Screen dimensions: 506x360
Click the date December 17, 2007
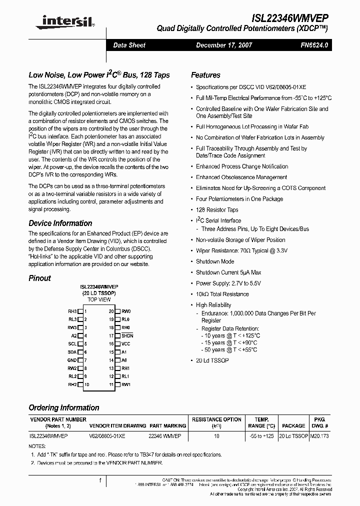(x=224, y=45)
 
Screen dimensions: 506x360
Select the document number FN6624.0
(x=314, y=45)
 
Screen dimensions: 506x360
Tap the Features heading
(x=205, y=75)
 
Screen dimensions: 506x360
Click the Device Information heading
(x=60, y=223)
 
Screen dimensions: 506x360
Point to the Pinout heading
(x=39, y=278)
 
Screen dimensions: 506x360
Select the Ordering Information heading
(x=63, y=407)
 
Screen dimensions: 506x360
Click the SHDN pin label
(x=127, y=336)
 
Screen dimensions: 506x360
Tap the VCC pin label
(x=125, y=344)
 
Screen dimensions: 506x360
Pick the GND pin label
(x=72, y=360)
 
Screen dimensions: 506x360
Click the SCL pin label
(x=73, y=344)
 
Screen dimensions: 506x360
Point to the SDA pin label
(x=73, y=352)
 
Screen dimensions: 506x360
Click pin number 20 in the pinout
(x=111, y=311)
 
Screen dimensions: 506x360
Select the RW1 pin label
(x=126, y=384)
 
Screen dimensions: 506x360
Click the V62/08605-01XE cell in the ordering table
(x=107, y=436)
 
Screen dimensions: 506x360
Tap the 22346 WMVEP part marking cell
(x=165, y=436)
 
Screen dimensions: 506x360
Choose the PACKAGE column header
(x=293, y=426)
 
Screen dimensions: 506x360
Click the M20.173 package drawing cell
(x=319, y=436)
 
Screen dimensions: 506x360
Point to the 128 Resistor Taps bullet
(x=217, y=210)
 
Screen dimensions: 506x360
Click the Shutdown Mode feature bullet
(x=214, y=261)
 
